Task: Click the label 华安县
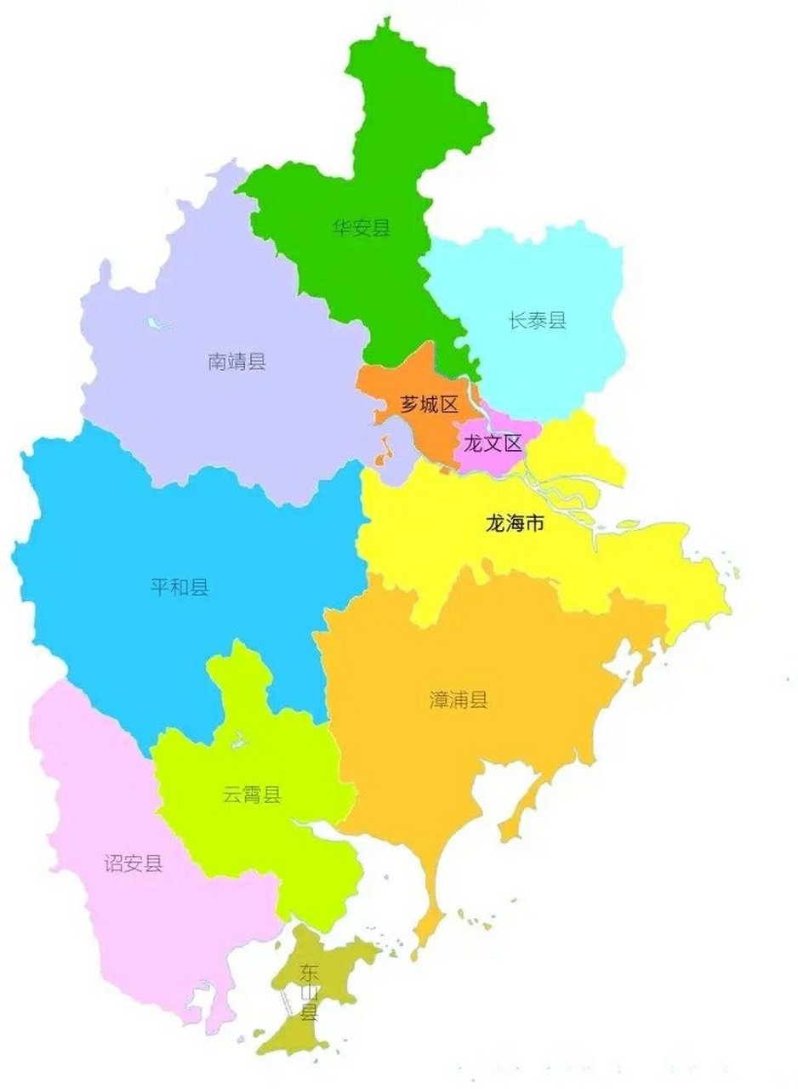pyautogui.click(x=362, y=227)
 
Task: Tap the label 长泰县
pyautogui.click(x=537, y=321)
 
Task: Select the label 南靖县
pyautogui.click(x=237, y=362)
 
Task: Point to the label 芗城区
pyautogui.click(x=430, y=404)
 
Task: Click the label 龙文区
pyautogui.click(x=491, y=443)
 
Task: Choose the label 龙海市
pyautogui.click(x=514, y=524)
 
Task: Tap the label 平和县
pyautogui.click(x=180, y=587)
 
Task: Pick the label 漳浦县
pyautogui.click(x=459, y=700)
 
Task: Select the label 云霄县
pyautogui.click(x=252, y=795)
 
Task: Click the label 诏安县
pyautogui.click(x=133, y=864)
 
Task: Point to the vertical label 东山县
pyautogui.click(x=308, y=991)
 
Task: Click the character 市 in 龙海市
pyautogui.click(x=533, y=524)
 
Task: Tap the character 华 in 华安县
pyautogui.click(x=342, y=227)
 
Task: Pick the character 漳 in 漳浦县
pyautogui.click(x=439, y=700)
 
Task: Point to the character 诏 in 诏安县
pyautogui.click(x=113, y=864)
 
